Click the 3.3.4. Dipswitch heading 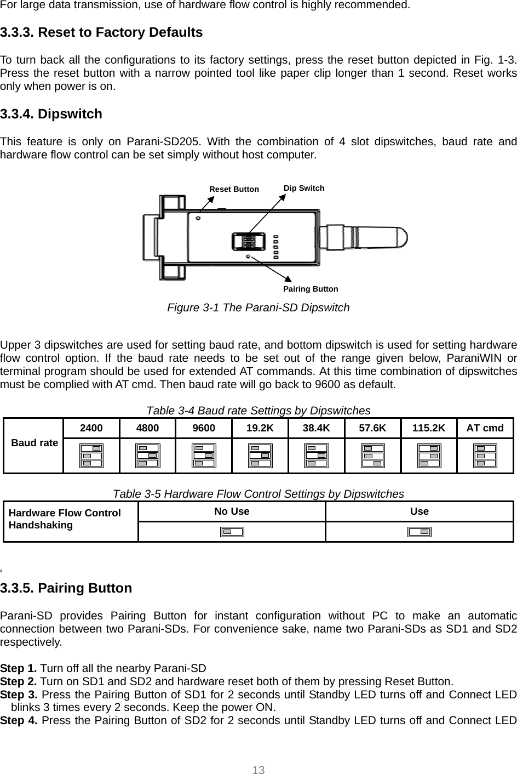[x=51, y=114]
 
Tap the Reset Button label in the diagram [x=234, y=189]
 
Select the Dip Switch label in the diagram [x=304, y=188]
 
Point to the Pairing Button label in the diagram [x=311, y=289]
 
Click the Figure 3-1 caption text [x=258, y=308]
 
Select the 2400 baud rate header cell [x=91, y=428]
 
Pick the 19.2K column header [x=260, y=428]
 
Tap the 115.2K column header [x=429, y=428]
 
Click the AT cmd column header [x=485, y=428]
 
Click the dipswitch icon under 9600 [x=204, y=456]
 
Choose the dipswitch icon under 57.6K [x=372, y=456]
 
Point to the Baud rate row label [x=35, y=442]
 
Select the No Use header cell [x=232, y=511]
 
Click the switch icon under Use [x=420, y=532]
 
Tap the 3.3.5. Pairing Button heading [x=66, y=588]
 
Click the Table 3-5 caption [x=258, y=494]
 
